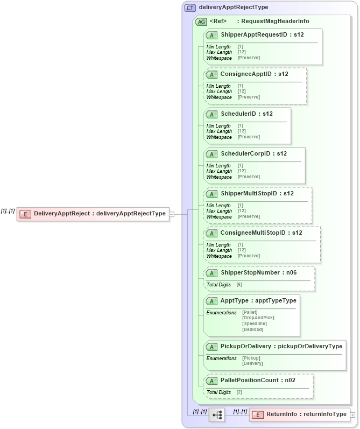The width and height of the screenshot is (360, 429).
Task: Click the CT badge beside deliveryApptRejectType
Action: [x=190, y=8]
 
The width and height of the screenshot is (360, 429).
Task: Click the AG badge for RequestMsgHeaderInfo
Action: [x=201, y=22]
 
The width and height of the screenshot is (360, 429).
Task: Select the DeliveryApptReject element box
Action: [x=93, y=214]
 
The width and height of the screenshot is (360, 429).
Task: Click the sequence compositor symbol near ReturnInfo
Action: [x=217, y=414]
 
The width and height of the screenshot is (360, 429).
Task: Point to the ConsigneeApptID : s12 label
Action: [x=254, y=74]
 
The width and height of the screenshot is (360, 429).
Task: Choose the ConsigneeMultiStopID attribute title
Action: [x=261, y=233]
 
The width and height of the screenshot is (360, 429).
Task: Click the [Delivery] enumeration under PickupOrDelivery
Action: [x=252, y=363]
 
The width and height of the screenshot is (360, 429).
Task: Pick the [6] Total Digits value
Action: [x=239, y=284]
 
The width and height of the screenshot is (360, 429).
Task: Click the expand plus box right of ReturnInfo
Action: [x=352, y=414]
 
